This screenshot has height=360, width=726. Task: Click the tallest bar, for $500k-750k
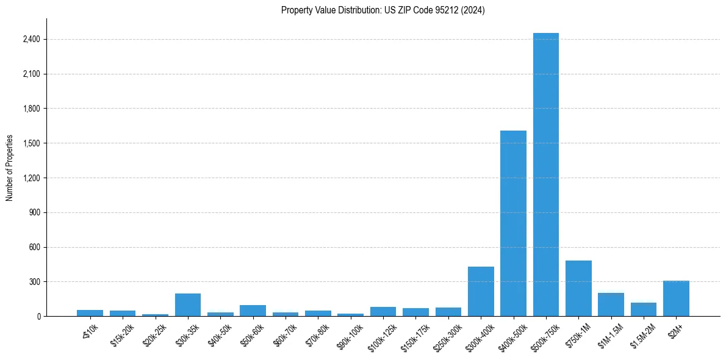[545, 175]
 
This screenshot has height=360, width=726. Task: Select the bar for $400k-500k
[513, 223]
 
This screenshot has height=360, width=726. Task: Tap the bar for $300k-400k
[481, 292]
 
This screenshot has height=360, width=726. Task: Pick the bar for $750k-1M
[578, 289]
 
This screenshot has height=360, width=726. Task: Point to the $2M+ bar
[676, 298]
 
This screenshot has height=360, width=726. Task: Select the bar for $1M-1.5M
[611, 304]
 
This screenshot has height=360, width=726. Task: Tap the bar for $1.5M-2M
[643, 309]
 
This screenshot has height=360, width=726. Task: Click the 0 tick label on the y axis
[38, 317]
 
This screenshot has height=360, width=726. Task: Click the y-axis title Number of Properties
[9, 168]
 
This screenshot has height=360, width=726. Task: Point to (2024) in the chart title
[473, 10]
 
